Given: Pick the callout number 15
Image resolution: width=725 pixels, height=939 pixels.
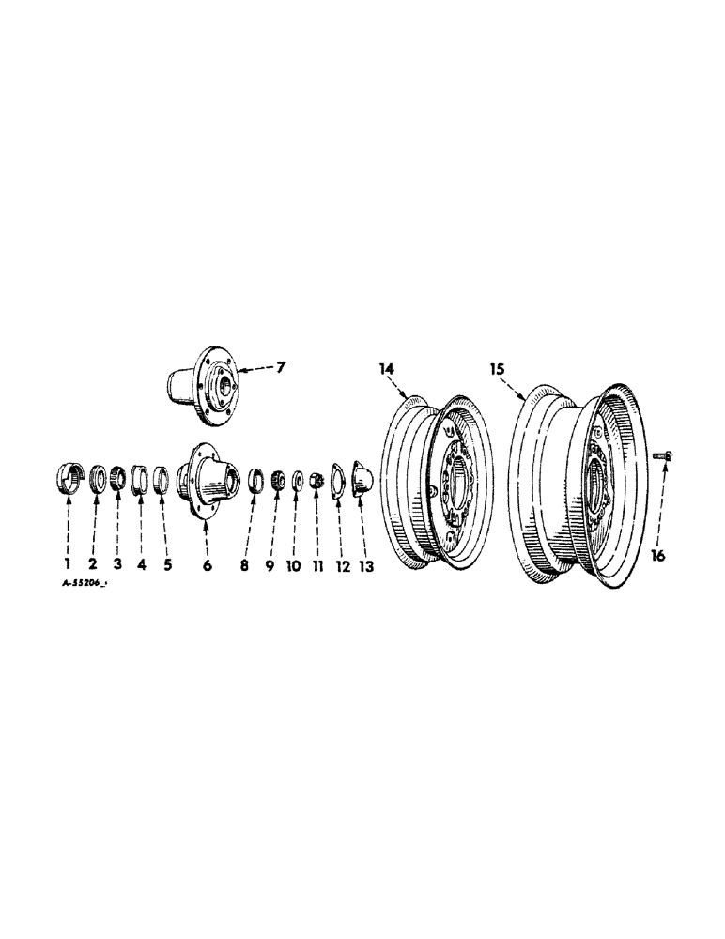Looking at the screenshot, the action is pos(499,369).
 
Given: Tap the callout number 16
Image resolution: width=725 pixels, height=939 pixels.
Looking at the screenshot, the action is pos(657,556).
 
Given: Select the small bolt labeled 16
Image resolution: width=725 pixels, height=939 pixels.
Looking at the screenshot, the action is pos(658,455).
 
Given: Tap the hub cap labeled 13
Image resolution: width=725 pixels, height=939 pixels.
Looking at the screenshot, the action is pos(361,478).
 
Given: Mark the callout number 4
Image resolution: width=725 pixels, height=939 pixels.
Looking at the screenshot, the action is pos(141,565).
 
